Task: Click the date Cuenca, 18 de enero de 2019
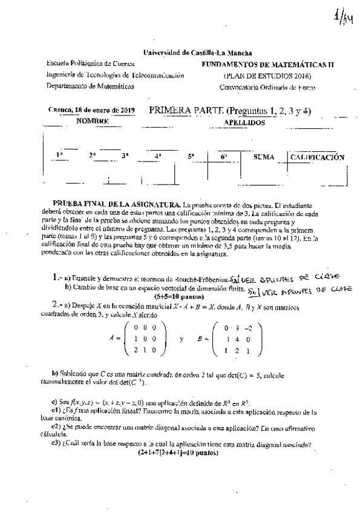91,110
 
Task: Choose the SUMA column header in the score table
264,157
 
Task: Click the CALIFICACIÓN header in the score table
318,157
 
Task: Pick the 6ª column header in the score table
223,157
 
